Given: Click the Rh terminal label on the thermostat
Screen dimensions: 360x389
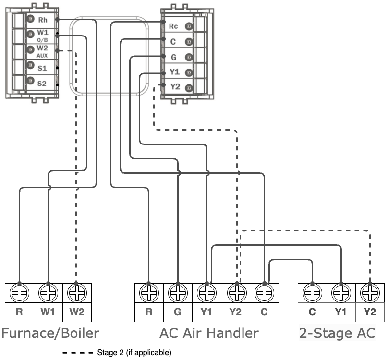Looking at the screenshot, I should click(42, 20).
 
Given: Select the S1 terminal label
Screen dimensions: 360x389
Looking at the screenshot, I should click(42, 68).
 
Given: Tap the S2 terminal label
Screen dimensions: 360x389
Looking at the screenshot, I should click(42, 84).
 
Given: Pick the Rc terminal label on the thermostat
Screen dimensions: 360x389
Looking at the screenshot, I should click(173, 26).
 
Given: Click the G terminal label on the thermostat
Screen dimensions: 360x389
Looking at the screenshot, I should click(173, 57).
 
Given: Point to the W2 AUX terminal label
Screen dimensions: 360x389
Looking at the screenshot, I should click(42, 51).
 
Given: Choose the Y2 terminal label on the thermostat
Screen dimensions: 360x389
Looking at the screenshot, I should click(174, 87).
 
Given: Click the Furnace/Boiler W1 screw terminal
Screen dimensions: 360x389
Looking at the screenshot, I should click(48, 292).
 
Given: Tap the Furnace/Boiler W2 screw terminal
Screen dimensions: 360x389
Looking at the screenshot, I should click(77, 292).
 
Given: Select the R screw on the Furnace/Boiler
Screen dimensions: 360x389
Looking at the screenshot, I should click(19, 292).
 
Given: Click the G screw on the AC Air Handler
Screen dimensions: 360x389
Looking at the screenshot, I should click(178, 292).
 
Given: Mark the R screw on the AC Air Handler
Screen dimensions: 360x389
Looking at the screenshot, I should click(149, 292).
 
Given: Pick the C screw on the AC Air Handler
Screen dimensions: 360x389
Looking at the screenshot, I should click(264, 292).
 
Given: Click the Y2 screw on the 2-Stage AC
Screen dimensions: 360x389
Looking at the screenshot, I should click(370, 292).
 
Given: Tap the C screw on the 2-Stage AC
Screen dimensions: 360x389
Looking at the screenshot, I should click(312, 292).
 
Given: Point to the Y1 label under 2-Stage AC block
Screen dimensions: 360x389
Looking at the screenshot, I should click(341, 312).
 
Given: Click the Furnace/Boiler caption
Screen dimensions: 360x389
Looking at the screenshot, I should click(50, 333).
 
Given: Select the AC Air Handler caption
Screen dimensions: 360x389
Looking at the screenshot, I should click(209, 333).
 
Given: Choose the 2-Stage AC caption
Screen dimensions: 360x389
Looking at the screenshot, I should click(337, 333).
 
